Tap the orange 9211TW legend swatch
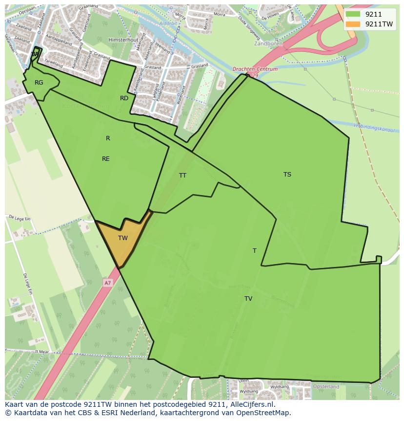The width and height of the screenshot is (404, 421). pyautogui.click(x=352, y=24)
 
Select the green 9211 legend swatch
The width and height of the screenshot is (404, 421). pyautogui.click(x=352, y=14)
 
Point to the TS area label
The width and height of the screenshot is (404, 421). pyautogui.click(x=287, y=175)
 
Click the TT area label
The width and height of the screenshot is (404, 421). pyautogui.click(x=182, y=176)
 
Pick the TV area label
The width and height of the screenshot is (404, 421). pyautogui.click(x=248, y=299)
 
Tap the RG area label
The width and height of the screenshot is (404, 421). pyautogui.click(x=39, y=83)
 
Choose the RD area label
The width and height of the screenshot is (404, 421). pyautogui.click(x=124, y=98)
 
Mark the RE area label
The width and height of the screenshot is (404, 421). pyautogui.click(x=106, y=159)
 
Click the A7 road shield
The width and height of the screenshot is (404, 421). pyautogui.click(x=107, y=283)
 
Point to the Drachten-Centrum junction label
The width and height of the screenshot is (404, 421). pyautogui.click(x=255, y=69)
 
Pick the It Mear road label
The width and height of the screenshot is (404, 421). pyautogui.click(x=43, y=351)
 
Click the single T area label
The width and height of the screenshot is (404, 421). pyautogui.click(x=254, y=251)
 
